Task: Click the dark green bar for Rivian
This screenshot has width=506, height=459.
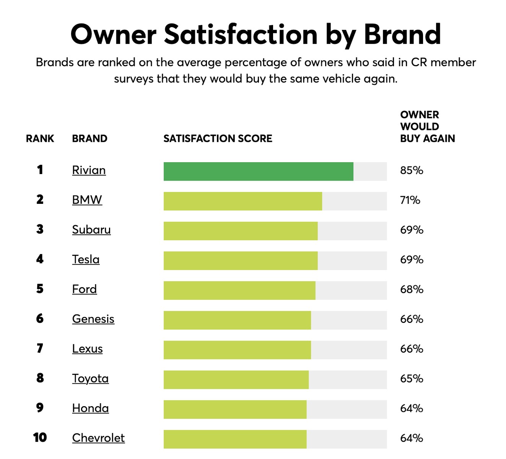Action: pyautogui.click(x=258, y=171)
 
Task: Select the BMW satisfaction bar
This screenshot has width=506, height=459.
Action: pyautogui.click(x=242, y=201)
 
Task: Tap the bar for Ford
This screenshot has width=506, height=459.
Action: pyautogui.click(x=239, y=290)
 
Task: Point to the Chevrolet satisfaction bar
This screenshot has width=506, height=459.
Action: pyautogui.click(x=235, y=439)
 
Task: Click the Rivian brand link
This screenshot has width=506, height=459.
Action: pyautogui.click(x=89, y=170)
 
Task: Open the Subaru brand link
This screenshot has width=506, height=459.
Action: pyautogui.click(x=91, y=229)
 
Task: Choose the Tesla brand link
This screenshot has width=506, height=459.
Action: pyautogui.click(x=86, y=259)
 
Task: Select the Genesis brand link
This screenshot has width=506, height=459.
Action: pyautogui.click(x=93, y=319)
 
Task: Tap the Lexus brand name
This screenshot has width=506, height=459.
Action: pyautogui.click(x=87, y=349)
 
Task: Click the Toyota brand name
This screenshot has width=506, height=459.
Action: pyautogui.click(x=90, y=378)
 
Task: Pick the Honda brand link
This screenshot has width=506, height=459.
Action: pyautogui.click(x=90, y=408)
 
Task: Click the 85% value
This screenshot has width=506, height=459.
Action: pyautogui.click(x=412, y=170)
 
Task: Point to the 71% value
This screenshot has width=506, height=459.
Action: pyautogui.click(x=410, y=200)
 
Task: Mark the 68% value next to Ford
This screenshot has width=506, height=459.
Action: pyautogui.click(x=412, y=290)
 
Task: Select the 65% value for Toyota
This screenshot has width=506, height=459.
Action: pyautogui.click(x=412, y=379)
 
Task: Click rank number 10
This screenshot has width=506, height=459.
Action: pyautogui.click(x=40, y=438)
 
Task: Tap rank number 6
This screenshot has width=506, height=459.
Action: pyautogui.click(x=40, y=319)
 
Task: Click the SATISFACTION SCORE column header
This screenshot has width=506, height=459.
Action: pyautogui.click(x=218, y=138)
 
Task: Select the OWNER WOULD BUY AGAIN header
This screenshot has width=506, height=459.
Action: pyautogui.click(x=427, y=127)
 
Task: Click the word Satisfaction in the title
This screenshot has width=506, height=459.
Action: pyautogui.click(x=241, y=34)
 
